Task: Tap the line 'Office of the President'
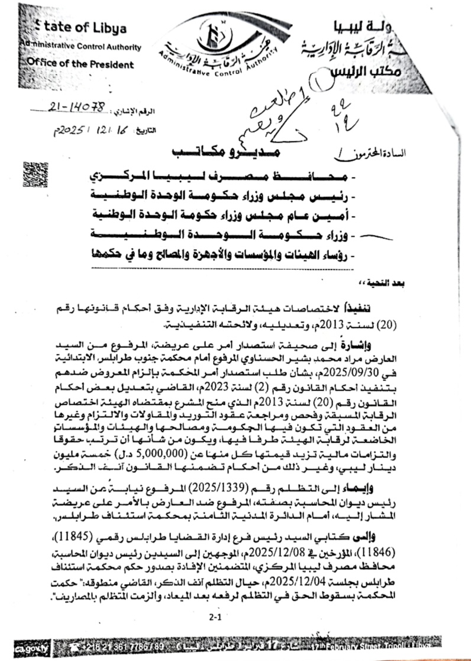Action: tap(80, 64)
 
